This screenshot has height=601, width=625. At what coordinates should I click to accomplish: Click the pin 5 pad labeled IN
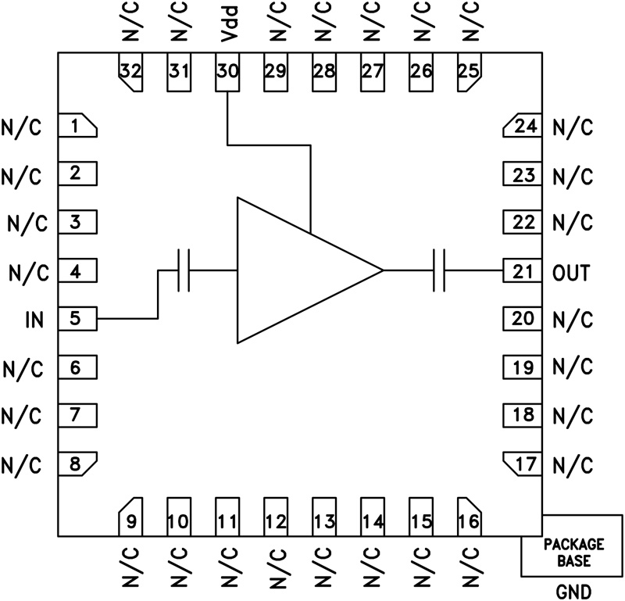point(77,319)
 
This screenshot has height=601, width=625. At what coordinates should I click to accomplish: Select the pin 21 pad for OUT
point(521,271)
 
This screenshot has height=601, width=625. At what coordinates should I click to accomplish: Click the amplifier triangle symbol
point(297,270)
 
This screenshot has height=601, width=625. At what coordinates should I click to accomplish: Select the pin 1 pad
point(77,126)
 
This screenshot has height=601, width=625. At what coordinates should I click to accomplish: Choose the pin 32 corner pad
point(130,72)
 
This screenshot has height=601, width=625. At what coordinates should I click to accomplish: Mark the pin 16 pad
point(469,517)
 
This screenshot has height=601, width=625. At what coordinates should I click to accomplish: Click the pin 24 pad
point(521,126)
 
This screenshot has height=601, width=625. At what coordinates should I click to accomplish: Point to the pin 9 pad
point(130,517)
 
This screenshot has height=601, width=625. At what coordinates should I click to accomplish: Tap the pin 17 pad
point(521,463)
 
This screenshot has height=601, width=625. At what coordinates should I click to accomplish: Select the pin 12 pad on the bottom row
point(275,517)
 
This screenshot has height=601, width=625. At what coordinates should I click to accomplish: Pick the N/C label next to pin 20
point(572,320)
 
